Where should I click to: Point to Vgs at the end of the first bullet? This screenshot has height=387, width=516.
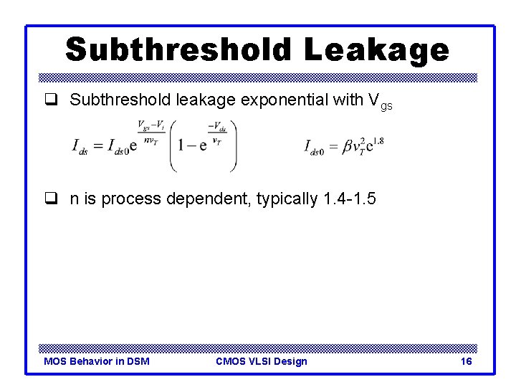coord(380,102)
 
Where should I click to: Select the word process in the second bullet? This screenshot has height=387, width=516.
coord(131,199)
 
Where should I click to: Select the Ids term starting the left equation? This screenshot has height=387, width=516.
coord(81,147)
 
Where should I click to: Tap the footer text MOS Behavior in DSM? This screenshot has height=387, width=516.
coord(97,361)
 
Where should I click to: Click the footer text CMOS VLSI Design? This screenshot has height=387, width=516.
coord(261,361)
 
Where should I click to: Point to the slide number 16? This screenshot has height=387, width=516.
coord(466,361)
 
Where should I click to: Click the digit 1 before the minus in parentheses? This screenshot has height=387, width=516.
coord(183,145)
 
